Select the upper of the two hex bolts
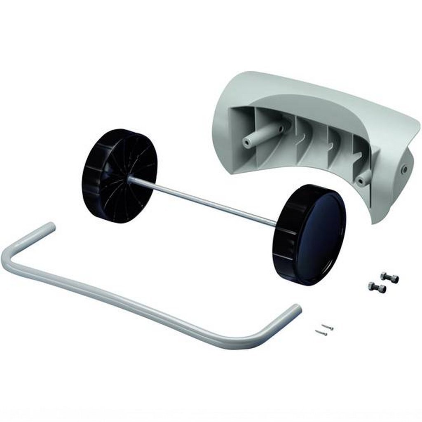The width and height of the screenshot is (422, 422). point(389,277)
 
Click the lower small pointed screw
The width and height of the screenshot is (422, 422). point(321,333)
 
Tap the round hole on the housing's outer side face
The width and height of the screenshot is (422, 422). point(404,169)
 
